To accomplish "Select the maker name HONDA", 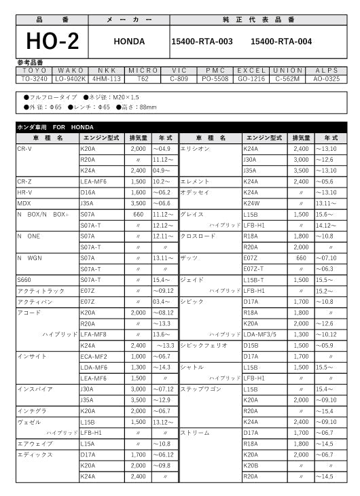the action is [x=129, y=41].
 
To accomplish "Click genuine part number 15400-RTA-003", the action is [x=202, y=41].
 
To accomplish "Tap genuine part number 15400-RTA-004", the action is [x=281, y=41].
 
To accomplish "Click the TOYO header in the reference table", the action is [x=35, y=70].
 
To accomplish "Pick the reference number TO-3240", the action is [x=35, y=78].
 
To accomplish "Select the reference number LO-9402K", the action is [x=71, y=78].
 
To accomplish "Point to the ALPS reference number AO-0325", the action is [x=326, y=78].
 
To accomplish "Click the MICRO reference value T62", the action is [x=143, y=78].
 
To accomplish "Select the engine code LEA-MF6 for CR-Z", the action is [x=94, y=182].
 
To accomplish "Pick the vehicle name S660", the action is [x=24, y=279].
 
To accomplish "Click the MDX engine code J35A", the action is [x=87, y=203].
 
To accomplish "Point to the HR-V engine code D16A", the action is [x=88, y=192].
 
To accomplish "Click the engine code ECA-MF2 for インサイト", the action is [x=94, y=356].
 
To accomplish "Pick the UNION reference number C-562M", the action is [x=288, y=78].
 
